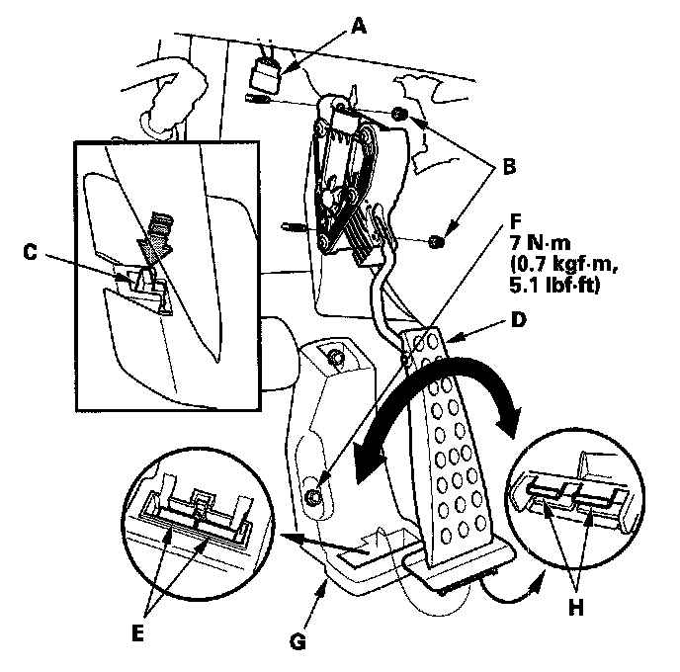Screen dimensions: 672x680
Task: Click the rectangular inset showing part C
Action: point(165,277)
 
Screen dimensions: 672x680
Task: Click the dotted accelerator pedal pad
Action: point(454,455)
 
